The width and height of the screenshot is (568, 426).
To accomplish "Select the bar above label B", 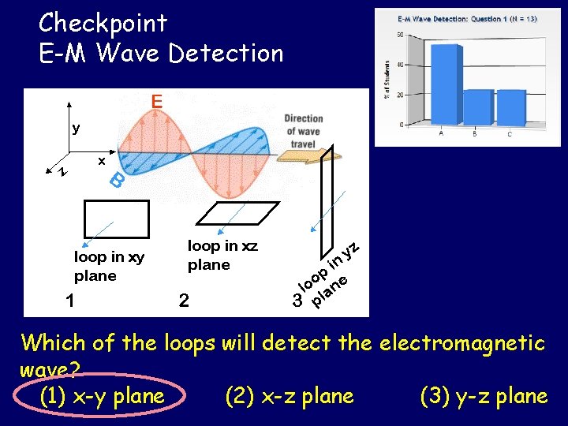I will tap(476, 106).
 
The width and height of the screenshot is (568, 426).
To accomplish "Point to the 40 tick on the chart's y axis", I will tap(400, 65).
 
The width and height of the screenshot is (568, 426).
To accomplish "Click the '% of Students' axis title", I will tap(387, 79).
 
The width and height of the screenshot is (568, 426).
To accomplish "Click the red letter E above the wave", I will tap(157, 101).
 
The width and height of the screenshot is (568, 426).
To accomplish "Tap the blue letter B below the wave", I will tap(116, 181).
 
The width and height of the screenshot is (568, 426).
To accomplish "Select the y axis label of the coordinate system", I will tap(76, 128).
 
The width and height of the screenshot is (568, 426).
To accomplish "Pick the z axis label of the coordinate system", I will tap(63, 171).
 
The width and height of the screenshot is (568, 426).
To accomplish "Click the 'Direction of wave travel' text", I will tap(303, 132).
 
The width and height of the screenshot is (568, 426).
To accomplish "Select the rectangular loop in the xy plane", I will tap(116, 219).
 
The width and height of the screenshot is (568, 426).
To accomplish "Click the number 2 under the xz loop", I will tap(184, 300).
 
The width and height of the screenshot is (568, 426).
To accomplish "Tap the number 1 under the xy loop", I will tap(70, 300).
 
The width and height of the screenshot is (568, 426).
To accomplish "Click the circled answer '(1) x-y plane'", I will tap(101, 396).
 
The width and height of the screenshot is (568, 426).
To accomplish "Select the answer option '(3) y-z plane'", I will tap(484, 396).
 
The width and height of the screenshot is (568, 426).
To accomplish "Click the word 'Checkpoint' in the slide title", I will tap(103, 22).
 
